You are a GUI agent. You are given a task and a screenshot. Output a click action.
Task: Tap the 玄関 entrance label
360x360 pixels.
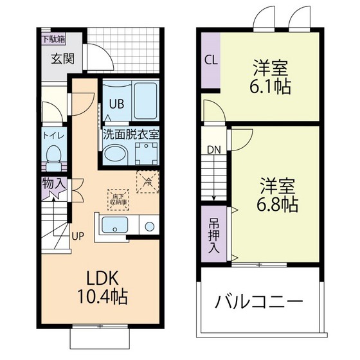point(62,59)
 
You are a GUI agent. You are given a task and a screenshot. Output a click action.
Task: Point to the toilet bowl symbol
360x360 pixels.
point(53,155)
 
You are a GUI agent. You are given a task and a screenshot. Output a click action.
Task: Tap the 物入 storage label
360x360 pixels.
point(53,184)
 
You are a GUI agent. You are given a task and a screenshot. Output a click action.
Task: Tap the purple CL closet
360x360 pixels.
point(210,60)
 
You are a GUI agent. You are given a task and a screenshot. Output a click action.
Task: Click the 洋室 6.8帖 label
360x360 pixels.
point(278,196)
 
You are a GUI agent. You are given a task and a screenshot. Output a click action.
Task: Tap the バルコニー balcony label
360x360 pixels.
point(259,301)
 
